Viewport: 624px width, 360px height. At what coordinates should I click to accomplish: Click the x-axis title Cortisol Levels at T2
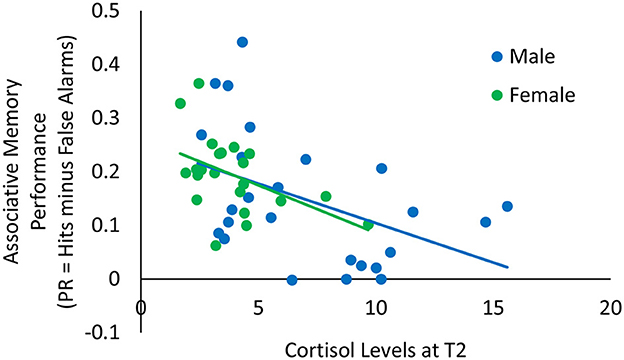[375, 345]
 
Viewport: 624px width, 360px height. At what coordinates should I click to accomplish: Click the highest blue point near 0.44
[242, 42]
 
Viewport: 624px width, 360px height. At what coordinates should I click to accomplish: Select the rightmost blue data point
[507, 206]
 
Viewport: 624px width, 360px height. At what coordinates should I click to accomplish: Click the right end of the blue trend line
[509, 267]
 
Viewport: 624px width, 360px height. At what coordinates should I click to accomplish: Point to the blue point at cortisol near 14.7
[485, 222]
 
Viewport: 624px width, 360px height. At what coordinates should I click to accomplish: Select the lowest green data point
[216, 245]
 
